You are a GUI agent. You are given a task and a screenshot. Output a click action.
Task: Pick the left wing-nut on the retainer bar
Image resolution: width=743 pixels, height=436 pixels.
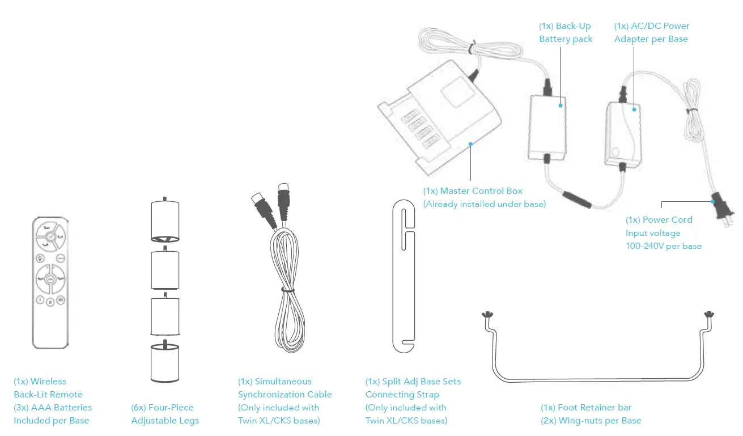pos(486,315)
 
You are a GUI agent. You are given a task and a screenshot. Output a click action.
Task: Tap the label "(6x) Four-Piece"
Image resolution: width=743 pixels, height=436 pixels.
pos(162,408)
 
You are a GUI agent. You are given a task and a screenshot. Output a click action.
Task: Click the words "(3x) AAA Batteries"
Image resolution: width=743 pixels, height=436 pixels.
pos(53,408)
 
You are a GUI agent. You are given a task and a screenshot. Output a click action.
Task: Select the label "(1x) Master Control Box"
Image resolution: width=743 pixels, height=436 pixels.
pos(473,191)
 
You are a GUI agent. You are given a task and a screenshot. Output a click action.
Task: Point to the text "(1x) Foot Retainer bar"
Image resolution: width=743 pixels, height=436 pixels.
pos(586,408)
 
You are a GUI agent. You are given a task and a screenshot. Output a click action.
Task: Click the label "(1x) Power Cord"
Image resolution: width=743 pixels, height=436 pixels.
pos(659,220)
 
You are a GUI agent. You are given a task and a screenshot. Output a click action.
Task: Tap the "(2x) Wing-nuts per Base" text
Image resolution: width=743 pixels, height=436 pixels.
pos(591,421)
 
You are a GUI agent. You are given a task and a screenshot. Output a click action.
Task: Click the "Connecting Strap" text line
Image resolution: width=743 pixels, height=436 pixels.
pos(402,395)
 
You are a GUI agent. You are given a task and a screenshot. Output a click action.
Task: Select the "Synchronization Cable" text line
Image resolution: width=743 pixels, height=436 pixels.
pos(285,395)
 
